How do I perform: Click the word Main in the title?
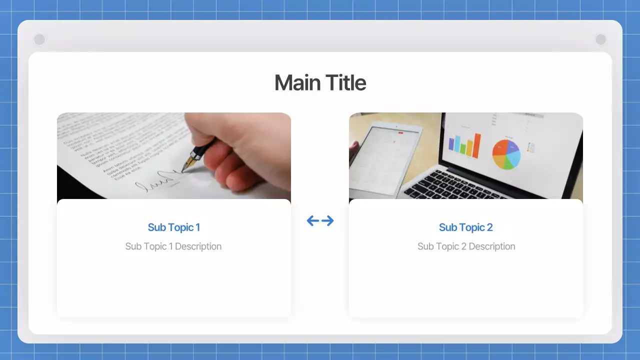pos(297,83)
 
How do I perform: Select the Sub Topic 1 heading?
pos(173,227)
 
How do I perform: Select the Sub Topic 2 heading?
pos(465,227)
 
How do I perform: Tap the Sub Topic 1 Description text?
pos(173,246)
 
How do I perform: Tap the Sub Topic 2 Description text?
pos(466,246)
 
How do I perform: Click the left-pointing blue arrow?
pos(313,220)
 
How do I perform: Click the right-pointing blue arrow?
pos(327,220)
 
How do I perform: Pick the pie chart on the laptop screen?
pos(506,154)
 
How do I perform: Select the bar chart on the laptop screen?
pos(464,145)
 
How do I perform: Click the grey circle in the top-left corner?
pos(39,39)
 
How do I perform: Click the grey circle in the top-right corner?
pos(600,39)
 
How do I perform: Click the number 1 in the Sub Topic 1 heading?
pos(197,227)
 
